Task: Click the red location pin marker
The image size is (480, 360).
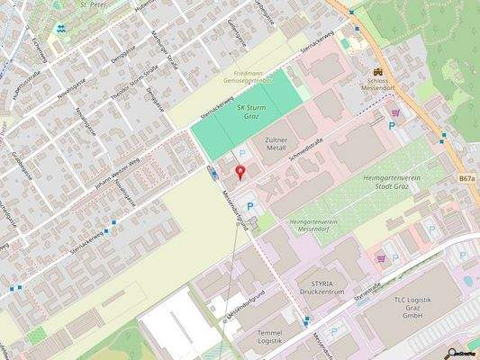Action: pyautogui.click(x=240, y=172)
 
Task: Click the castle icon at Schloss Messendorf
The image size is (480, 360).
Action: pyautogui.click(x=378, y=70)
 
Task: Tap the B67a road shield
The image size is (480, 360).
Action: pyautogui.click(x=466, y=179)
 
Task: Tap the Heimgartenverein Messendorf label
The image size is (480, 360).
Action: pyautogui.click(x=320, y=225)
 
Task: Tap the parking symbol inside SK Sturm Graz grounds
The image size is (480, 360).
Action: pyautogui.click(x=240, y=155)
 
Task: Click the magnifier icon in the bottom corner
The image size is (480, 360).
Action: pyautogui.click(x=452, y=353)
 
